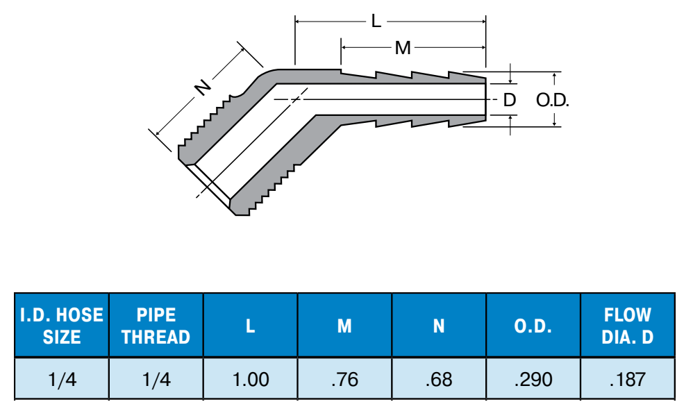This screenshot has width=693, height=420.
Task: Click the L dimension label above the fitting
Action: [376, 21]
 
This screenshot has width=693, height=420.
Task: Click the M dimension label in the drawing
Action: [403, 48]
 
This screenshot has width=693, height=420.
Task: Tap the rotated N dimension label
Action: [203, 87]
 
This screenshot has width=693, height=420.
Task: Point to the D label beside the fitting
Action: [510, 100]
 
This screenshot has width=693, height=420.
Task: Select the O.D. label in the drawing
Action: [553, 100]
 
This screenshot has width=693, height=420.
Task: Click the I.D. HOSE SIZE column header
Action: [62, 326]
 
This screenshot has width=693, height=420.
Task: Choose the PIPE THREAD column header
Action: [156, 326]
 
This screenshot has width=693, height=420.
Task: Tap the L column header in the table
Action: [250, 326]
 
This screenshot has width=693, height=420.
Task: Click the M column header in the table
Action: [344, 326]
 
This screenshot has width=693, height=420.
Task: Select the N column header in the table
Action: [439, 326]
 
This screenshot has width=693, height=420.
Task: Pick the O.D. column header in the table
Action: [533, 326]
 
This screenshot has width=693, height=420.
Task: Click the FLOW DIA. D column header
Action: [628, 326]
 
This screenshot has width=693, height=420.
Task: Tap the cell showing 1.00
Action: [251, 379]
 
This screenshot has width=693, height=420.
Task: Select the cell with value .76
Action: [344, 379]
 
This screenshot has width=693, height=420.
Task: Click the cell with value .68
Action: [439, 379]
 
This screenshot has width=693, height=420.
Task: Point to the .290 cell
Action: [533, 379]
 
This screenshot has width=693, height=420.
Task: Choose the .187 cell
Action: [628, 379]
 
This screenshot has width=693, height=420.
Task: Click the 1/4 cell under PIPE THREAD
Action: [156, 379]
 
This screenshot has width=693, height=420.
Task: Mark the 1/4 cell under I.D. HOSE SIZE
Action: [62, 379]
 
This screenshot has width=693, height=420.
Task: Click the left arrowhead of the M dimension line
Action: [344, 47]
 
